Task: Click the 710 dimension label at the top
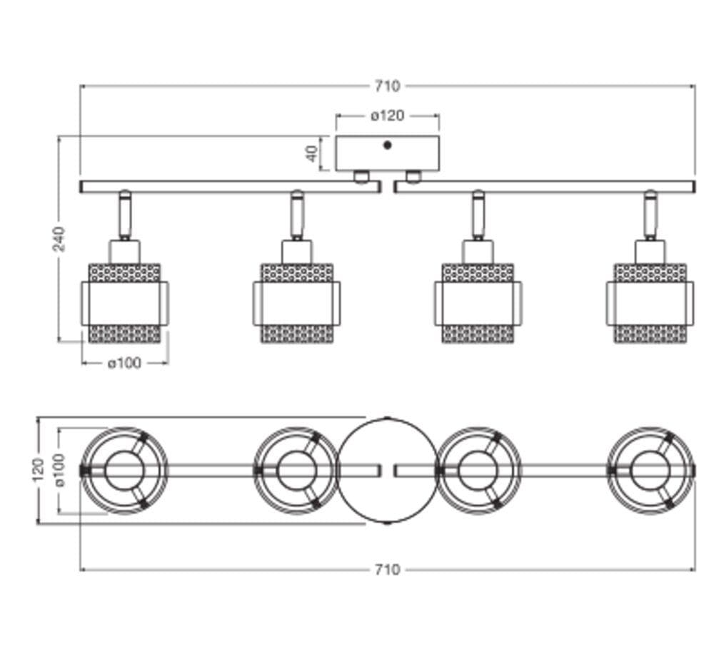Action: (x=387, y=86)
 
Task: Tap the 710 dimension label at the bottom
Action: (x=387, y=570)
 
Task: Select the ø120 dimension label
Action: (x=388, y=116)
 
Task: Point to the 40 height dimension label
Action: (x=312, y=153)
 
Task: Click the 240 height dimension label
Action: (x=59, y=238)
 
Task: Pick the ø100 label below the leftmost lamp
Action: (x=125, y=363)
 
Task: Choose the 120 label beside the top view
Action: (x=38, y=470)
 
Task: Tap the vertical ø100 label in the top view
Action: (x=60, y=470)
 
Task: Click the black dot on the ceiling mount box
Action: (x=388, y=145)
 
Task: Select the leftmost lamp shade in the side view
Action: (x=125, y=303)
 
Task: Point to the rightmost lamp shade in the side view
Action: (x=650, y=303)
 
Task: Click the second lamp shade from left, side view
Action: (x=297, y=303)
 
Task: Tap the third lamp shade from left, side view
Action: (x=478, y=303)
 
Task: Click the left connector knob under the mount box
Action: (x=361, y=177)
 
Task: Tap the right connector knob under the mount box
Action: (x=413, y=177)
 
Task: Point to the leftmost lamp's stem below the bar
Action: (x=125, y=215)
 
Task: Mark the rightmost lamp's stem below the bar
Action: (x=650, y=215)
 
